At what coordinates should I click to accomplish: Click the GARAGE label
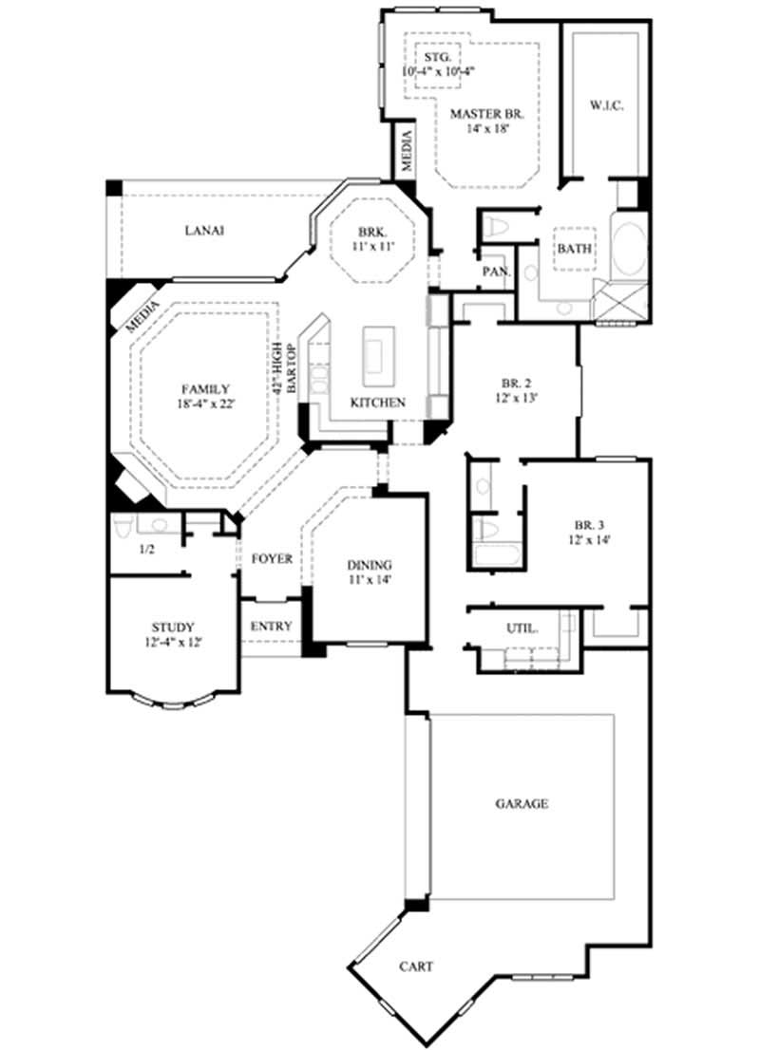click(522, 804)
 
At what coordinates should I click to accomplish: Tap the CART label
click(416, 966)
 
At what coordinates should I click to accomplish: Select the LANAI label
click(205, 230)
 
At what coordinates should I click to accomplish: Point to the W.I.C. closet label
click(605, 105)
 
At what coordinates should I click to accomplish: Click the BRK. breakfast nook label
click(370, 233)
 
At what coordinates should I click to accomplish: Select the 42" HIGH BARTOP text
click(278, 369)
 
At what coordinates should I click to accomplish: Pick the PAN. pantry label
click(496, 272)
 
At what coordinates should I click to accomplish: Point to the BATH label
click(574, 249)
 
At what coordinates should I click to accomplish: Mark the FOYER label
click(272, 559)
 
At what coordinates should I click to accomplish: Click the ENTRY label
click(271, 628)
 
